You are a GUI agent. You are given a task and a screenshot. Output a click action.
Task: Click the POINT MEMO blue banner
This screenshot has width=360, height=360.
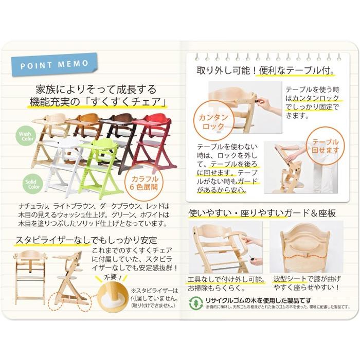tap(54, 65)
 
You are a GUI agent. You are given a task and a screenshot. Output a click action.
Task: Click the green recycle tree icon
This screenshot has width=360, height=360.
tap(196, 302)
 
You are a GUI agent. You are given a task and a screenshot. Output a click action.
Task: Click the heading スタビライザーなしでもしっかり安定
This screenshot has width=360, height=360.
tap(86, 240)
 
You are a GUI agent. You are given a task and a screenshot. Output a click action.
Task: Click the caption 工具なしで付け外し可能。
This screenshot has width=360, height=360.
tap(227, 279)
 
